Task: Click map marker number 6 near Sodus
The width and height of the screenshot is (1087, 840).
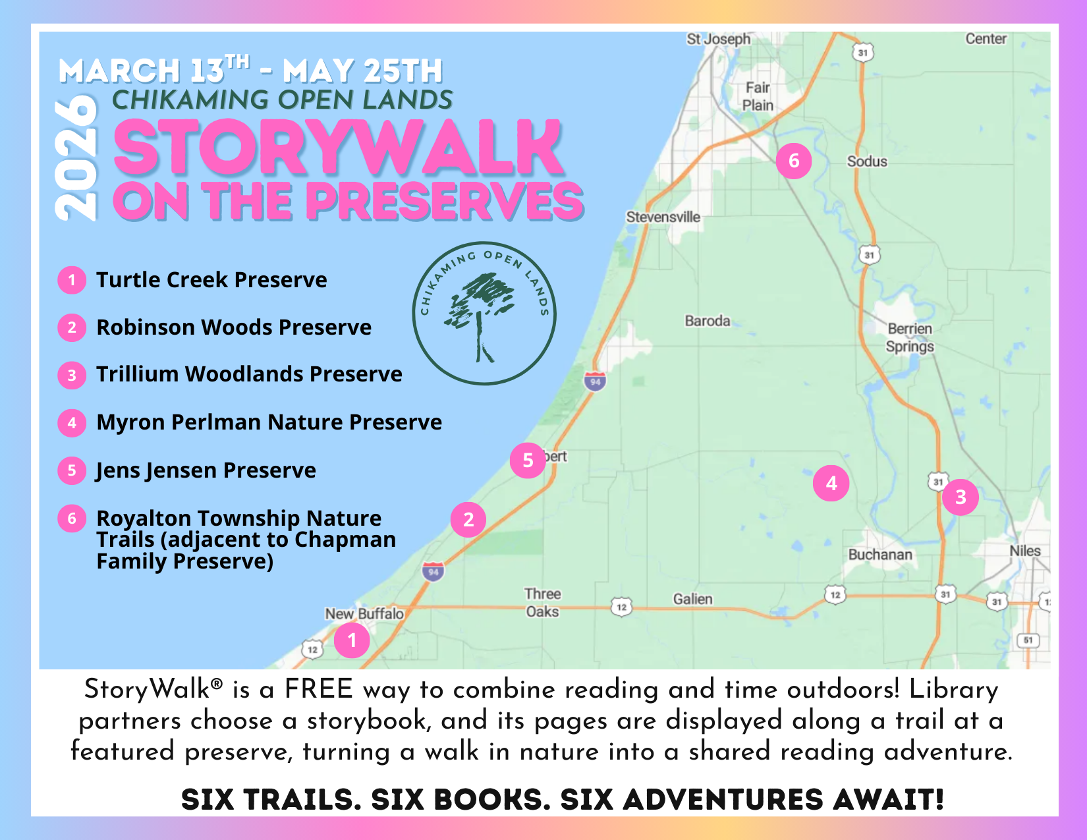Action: coord(793,161)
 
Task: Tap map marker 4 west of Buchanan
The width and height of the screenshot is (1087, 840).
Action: coord(831,483)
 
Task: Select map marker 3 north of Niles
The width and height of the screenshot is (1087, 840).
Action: coord(960,497)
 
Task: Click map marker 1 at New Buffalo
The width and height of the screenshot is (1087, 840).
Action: coord(352,640)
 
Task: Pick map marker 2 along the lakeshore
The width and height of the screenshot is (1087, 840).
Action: coord(468,520)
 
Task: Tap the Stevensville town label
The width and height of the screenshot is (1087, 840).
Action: coord(663,217)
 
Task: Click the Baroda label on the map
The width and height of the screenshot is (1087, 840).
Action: coord(708,321)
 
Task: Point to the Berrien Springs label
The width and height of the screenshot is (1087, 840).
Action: coord(910,337)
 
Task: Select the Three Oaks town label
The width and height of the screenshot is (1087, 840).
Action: coord(542,602)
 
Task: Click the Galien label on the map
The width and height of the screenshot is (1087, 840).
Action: coord(692,599)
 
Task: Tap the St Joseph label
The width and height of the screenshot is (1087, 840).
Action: coord(718,39)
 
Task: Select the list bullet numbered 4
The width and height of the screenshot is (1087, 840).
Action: coord(72,423)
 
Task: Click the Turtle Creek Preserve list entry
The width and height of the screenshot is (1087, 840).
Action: coord(211,280)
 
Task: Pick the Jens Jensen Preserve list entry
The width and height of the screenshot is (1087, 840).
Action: coord(206,470)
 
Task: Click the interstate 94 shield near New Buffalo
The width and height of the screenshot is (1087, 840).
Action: coord(433,572)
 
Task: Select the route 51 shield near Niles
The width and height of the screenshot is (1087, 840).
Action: coord(1028,640)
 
